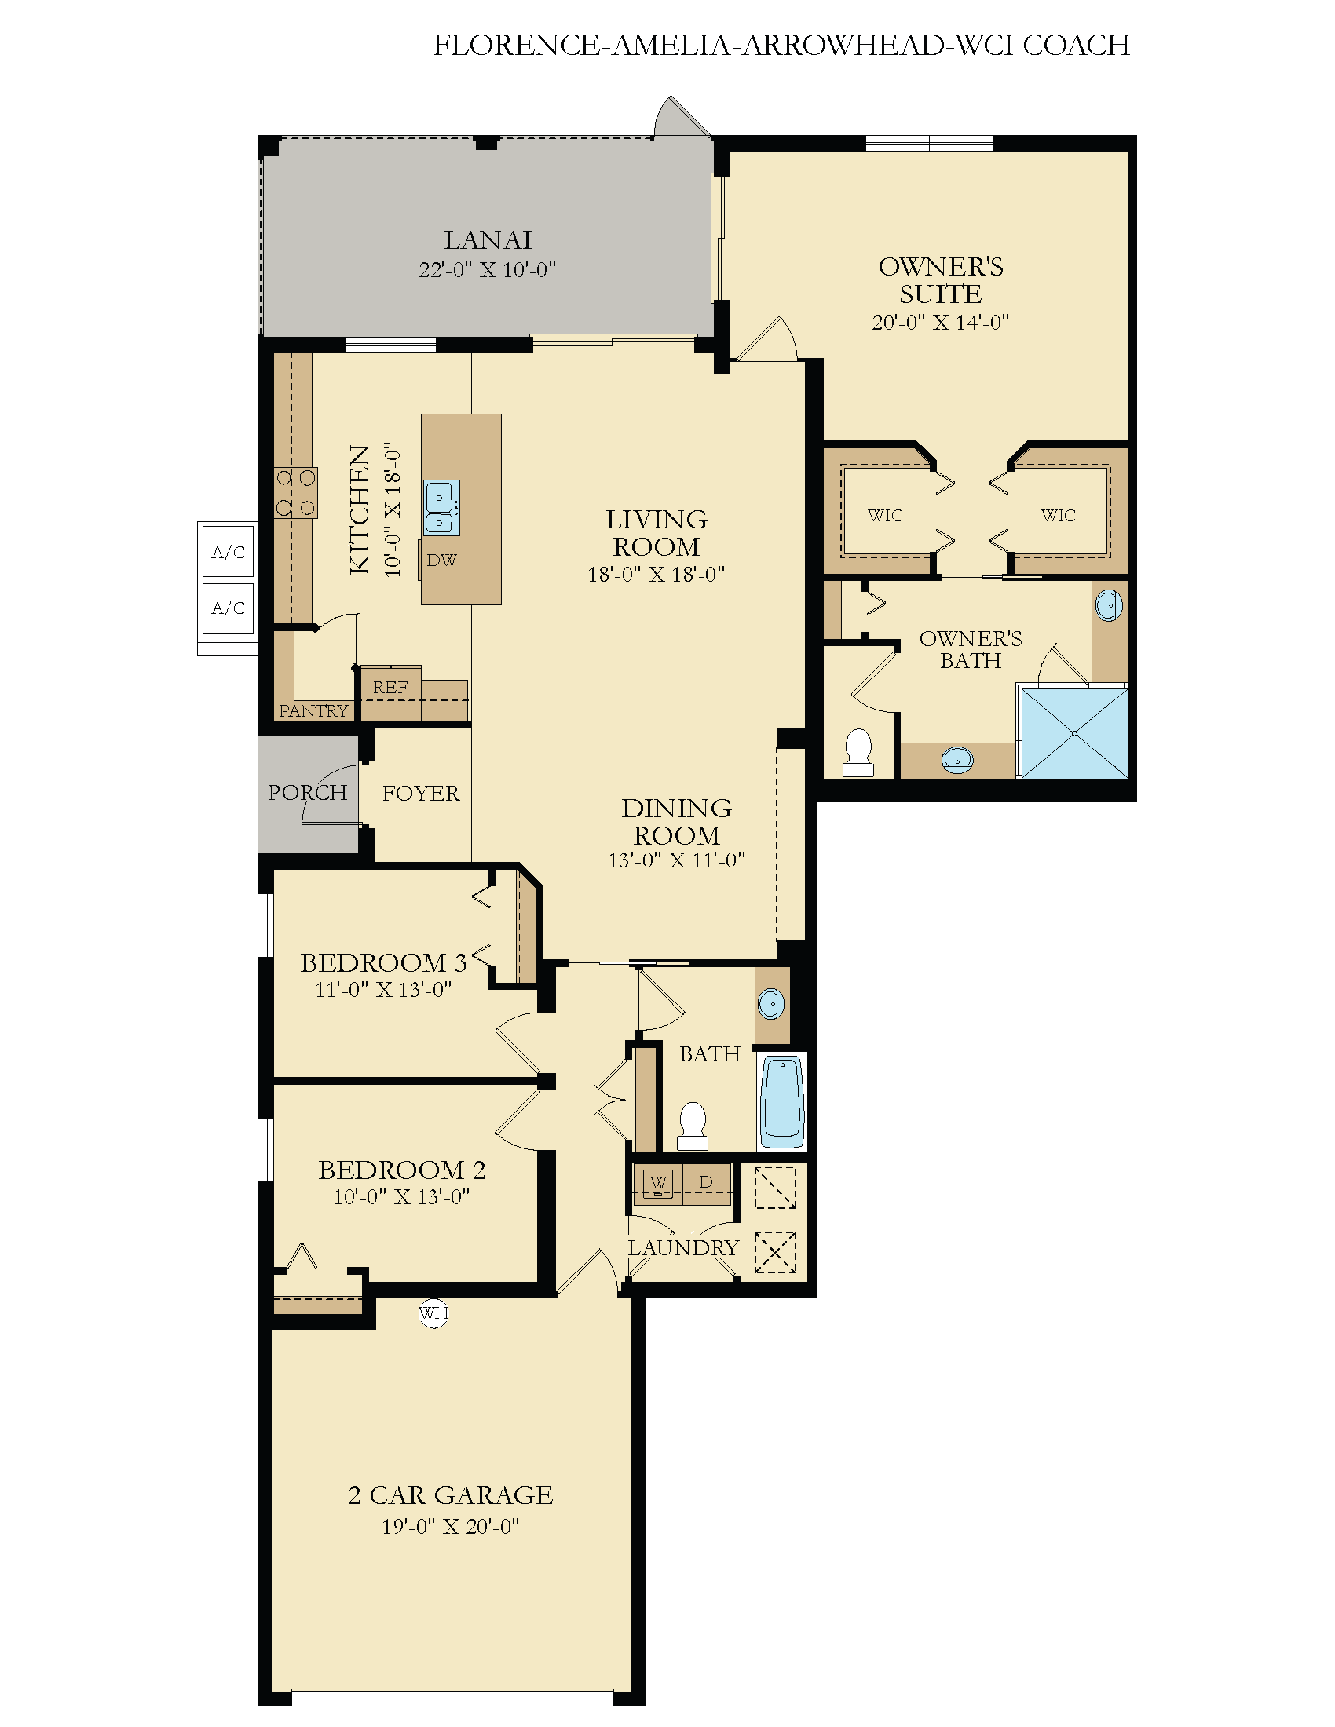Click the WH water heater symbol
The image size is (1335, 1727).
click(433, 1313)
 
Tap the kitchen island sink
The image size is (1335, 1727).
click(441, 508)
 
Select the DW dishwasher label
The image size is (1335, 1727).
click(441, 560)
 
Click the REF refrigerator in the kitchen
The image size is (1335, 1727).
click(391, 692)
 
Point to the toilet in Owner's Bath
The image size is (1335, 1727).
click(858, 752)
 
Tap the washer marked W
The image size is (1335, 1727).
click(658, 1184)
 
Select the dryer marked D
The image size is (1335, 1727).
click(706, 1184)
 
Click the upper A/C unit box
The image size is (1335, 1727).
click(229, 552)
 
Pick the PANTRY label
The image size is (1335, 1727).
click(313, 711)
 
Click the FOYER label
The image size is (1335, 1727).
click(421, 793)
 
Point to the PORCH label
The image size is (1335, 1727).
click(308, 792)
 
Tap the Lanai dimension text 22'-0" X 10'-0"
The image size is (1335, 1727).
click(487, 269)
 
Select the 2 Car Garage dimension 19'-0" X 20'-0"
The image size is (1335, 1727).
click(450, 1526)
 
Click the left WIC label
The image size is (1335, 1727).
click(885, 516)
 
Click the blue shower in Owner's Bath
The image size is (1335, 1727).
click(1074, 733)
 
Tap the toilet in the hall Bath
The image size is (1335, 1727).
click(693, 1126)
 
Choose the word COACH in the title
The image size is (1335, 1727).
click(1077, 45)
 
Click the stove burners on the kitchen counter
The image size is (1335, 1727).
click(296, 493)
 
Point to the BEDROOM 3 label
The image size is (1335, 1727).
click(383, 962)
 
